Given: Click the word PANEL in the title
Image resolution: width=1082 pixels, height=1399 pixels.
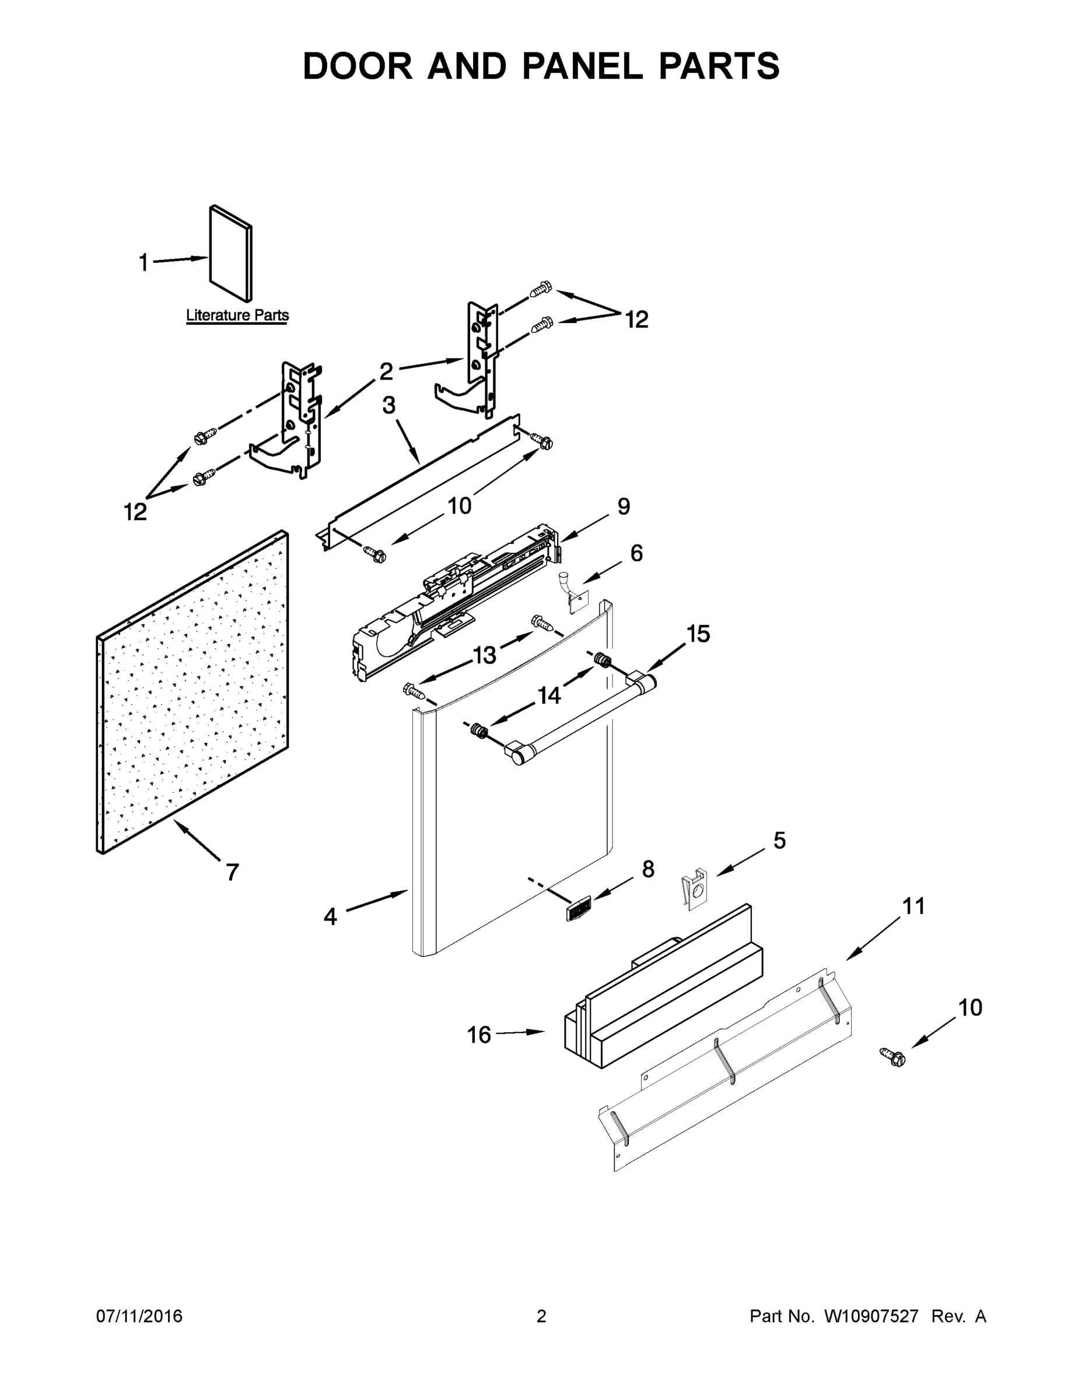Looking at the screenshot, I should pyautogui.click(x=582, y=66).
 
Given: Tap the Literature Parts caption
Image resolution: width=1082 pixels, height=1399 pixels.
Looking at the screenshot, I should pyautogui.click(x=237, y=315).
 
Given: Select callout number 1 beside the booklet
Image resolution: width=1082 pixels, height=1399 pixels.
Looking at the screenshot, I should pyautogui.click(x=143, y=263).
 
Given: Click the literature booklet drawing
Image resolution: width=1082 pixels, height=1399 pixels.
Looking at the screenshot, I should pyautogui.click(x=232, y=254).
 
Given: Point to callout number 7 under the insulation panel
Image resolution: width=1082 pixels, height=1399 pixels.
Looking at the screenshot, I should pyautogui.click(x=232, y=872).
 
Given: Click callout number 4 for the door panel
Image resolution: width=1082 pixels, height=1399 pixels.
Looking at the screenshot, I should pyautogui.click(x=330, y=917).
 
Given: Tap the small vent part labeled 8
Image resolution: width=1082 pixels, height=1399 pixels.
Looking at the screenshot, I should pyautogui.click(x=578, y=908).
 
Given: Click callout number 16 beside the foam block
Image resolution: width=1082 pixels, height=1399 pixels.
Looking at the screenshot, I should pyautogui.click(x=479, y=1035).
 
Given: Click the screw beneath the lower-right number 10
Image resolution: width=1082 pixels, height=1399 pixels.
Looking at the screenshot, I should pyautogui.click(x=893, y=1057).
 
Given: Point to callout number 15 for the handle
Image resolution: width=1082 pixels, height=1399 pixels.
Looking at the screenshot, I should pyautogui.click(x=698, y=634).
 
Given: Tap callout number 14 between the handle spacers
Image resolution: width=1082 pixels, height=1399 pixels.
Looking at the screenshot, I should pyautogui.click(x=549, y=695).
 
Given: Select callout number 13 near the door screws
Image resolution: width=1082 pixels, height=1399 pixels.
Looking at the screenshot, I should pyautogui.click(x=485, y=655).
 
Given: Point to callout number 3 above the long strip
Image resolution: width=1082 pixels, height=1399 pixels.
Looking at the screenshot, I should pyautogui.click(x=389, y=405).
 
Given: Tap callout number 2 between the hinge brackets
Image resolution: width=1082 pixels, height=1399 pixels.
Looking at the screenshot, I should pyautogui.click(x=386, y=371).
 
